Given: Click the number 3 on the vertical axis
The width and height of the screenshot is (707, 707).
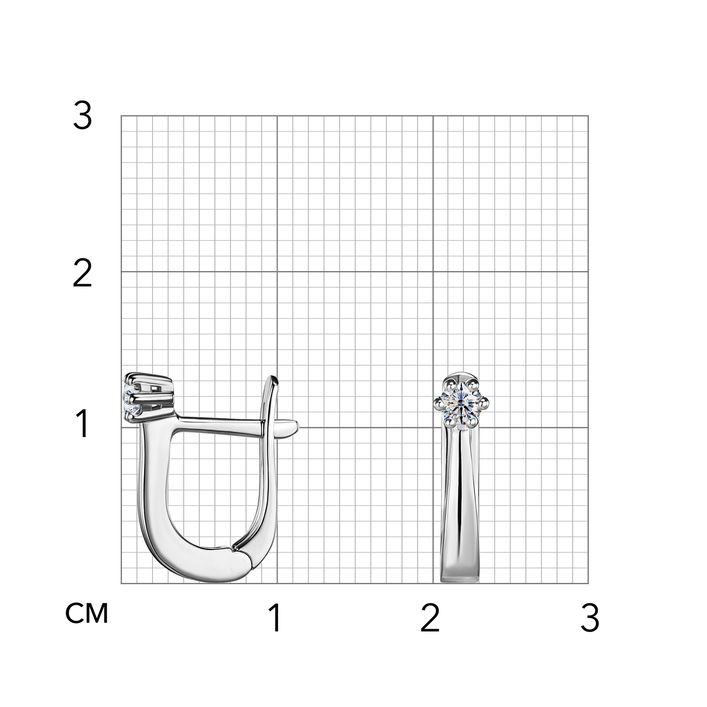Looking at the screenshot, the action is (82, 116).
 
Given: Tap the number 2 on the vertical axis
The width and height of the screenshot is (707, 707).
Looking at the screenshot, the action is (82, 274).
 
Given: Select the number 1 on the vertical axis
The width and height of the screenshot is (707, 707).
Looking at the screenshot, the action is (83, 424).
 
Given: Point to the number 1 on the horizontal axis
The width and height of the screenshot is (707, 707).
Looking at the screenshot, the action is (275, 618).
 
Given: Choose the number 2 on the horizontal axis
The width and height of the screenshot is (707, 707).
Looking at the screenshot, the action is (430, 618).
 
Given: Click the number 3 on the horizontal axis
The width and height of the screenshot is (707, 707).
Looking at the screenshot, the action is (590, 618).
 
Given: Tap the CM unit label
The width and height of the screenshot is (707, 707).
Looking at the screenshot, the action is (87, 613).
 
